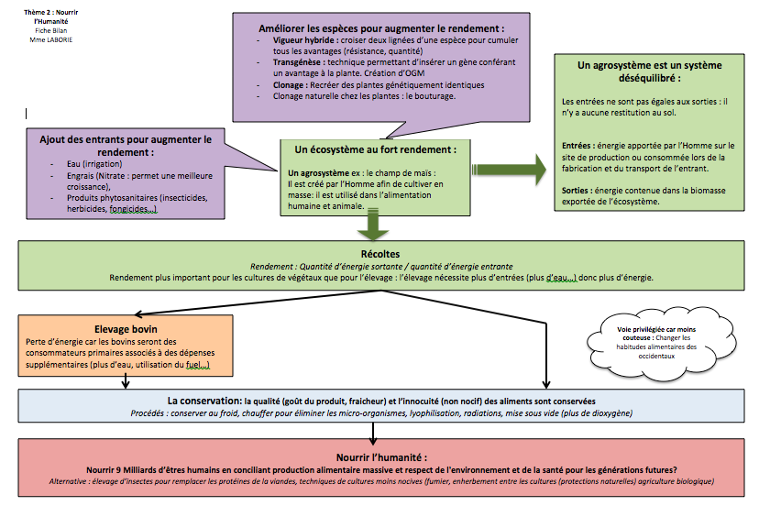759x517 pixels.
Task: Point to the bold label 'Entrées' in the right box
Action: click(577, 146)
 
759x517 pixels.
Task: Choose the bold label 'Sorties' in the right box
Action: click(577, 190)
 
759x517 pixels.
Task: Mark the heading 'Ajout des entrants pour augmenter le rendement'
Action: click(126, 145)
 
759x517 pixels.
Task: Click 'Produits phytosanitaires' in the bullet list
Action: click(106, 199)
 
